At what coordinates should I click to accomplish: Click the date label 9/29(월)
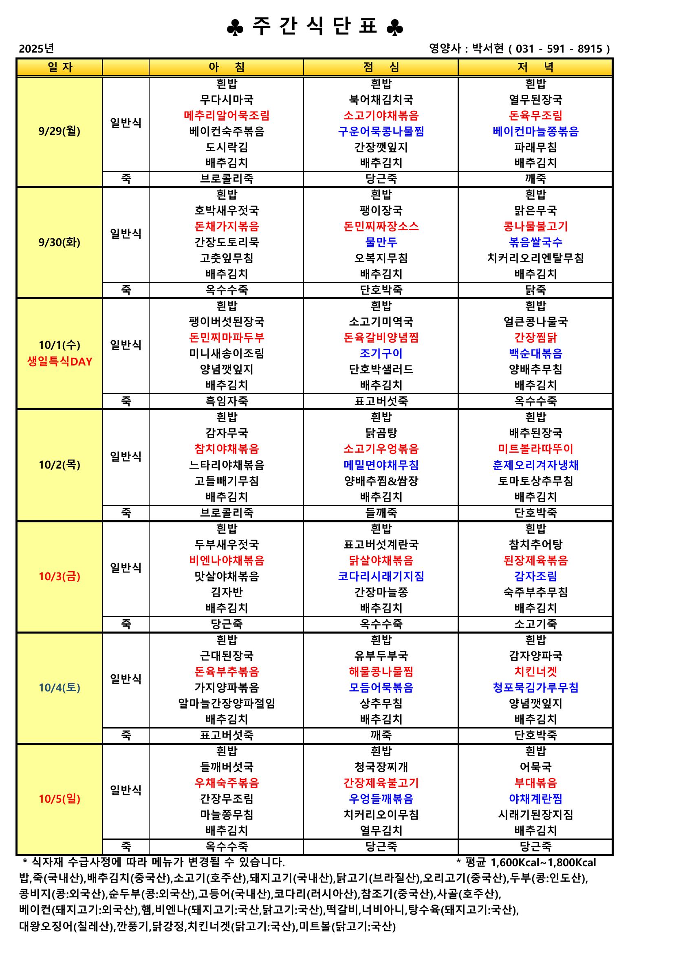click(59, 131)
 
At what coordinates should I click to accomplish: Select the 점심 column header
click(381, 67)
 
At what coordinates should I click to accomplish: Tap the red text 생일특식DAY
click(59, 361)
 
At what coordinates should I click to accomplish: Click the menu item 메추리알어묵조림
click(227, 115)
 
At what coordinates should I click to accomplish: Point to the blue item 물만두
click(381, 242)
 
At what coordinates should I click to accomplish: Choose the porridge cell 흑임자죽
click(227, 401)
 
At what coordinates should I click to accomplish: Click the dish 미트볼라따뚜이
click(535, 449)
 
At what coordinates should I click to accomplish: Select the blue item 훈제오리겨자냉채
click(535, 465)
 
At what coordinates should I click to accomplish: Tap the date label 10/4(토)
click(59, 688)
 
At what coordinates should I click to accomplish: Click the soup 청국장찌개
click(381, 767)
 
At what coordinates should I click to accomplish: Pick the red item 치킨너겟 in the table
click(535, 671)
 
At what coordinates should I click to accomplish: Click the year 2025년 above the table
click(37, 48)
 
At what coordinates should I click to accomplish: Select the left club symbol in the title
click(235, 28)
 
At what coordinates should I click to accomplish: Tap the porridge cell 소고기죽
click(535, 624)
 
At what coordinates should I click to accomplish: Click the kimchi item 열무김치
click(381, 830)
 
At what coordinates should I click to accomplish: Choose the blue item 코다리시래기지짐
click(381, 576)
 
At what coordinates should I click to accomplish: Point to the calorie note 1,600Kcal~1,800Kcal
click(543, 863)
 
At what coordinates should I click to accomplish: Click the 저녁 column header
click(535, 67)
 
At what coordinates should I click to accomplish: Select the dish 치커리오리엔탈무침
click(535, 258)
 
